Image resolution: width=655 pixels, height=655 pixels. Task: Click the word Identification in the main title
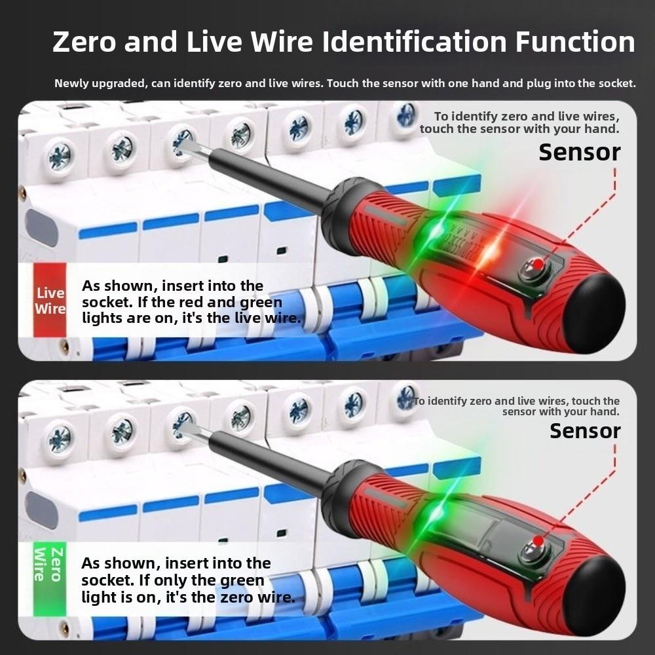(414, 41)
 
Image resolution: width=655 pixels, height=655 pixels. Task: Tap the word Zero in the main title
(83, 41)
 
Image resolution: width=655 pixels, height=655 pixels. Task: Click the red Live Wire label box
(50, 301)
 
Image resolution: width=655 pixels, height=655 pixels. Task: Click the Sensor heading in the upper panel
(579, 152)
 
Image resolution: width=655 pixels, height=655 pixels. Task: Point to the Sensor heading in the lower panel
(584, 431)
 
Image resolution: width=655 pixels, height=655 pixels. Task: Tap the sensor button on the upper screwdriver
(536, 265)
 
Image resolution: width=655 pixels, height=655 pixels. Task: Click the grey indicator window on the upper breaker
(41, 227)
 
